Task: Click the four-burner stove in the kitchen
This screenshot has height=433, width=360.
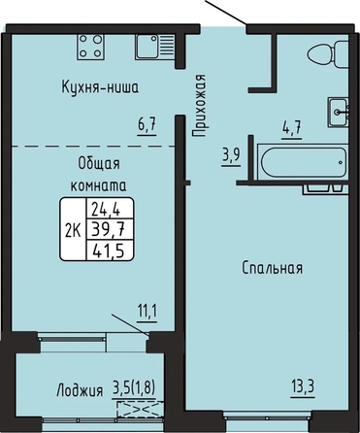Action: tap(91, 47)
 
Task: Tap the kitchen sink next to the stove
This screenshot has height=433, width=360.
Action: tap(155, 47)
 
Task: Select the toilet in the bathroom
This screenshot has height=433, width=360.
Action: tap(328, 54)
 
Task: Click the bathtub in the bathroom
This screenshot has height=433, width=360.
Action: tap(303, 162)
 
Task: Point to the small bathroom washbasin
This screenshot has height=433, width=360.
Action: tap(338, 112)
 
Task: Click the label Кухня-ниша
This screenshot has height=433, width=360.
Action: tap(100, 87)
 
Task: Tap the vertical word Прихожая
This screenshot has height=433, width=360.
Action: tap(199, 106)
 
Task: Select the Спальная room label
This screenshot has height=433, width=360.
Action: tap(273, 268)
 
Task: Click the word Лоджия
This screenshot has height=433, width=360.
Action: tap(80, 390)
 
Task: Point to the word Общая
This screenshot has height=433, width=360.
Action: tap(99, 164)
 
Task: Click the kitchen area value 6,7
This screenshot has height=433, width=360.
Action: tap(147, 125)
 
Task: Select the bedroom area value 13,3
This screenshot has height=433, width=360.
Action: tap(303, 387)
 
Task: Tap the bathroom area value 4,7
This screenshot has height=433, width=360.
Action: tap(291, 128)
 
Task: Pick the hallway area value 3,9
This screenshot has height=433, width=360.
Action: tap(231, 156)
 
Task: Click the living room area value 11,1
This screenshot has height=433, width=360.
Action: tap(147, 313)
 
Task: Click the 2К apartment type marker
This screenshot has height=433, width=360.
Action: tap(73, 231)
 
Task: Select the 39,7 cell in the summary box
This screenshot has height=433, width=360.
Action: tap(109, 230)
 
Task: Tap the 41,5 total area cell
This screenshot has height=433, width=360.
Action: tap(109, 250)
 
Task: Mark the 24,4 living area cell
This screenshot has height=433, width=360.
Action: tap(106, 209)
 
